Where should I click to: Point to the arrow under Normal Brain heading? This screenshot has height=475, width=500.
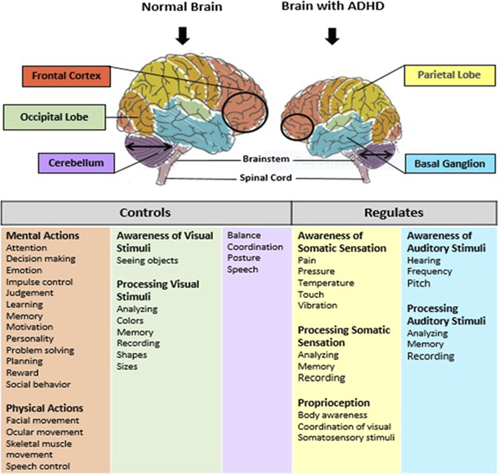[x=184, y=36]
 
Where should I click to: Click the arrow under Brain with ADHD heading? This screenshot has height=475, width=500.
[x=333, y=36]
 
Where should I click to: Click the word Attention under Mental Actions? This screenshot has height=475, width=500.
[x=26, y=248]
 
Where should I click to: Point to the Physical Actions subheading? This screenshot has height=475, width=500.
[x=44, y=408]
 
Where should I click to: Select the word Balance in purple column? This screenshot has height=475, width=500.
[x=244, y=235]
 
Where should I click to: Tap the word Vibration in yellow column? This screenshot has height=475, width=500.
[x=318, y=305]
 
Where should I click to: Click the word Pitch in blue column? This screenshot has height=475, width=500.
[x=419, y=283]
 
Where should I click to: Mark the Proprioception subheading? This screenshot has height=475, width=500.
[x=334, y=403]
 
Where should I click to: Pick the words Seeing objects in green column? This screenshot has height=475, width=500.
[x=147, y=260]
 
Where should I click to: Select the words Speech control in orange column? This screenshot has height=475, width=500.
[x=38, y=466]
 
